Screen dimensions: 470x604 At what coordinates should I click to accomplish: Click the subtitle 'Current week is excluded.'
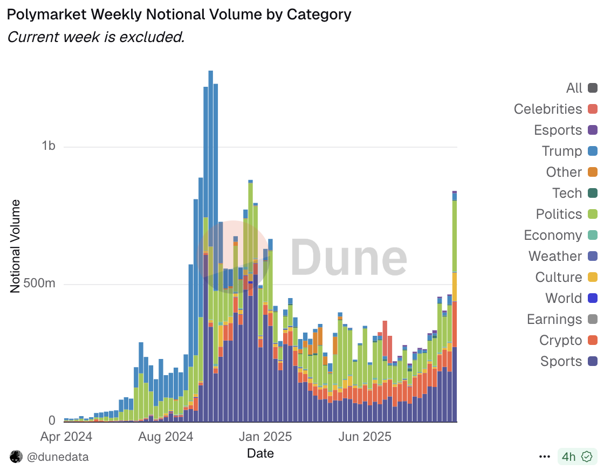96,37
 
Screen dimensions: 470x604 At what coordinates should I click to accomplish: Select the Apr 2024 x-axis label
66,436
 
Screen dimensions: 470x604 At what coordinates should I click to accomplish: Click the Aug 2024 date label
166,436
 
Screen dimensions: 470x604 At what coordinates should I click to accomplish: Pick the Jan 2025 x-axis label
265,436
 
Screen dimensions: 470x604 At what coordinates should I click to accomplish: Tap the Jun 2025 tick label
364,436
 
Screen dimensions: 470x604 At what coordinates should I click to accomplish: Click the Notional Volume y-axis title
15,246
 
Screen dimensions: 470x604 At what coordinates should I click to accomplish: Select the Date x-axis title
260,453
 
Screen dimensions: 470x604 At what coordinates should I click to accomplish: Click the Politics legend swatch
593,214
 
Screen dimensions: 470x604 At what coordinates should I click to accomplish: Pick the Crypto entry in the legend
561,340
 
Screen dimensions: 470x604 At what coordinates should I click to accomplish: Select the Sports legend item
561,361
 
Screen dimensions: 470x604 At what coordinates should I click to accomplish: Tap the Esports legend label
558,130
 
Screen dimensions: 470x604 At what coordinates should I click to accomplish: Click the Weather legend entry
555,256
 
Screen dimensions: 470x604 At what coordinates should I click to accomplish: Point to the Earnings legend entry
554,319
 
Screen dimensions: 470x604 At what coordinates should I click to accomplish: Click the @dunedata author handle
58,457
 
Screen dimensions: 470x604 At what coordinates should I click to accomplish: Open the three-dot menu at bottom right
545,457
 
